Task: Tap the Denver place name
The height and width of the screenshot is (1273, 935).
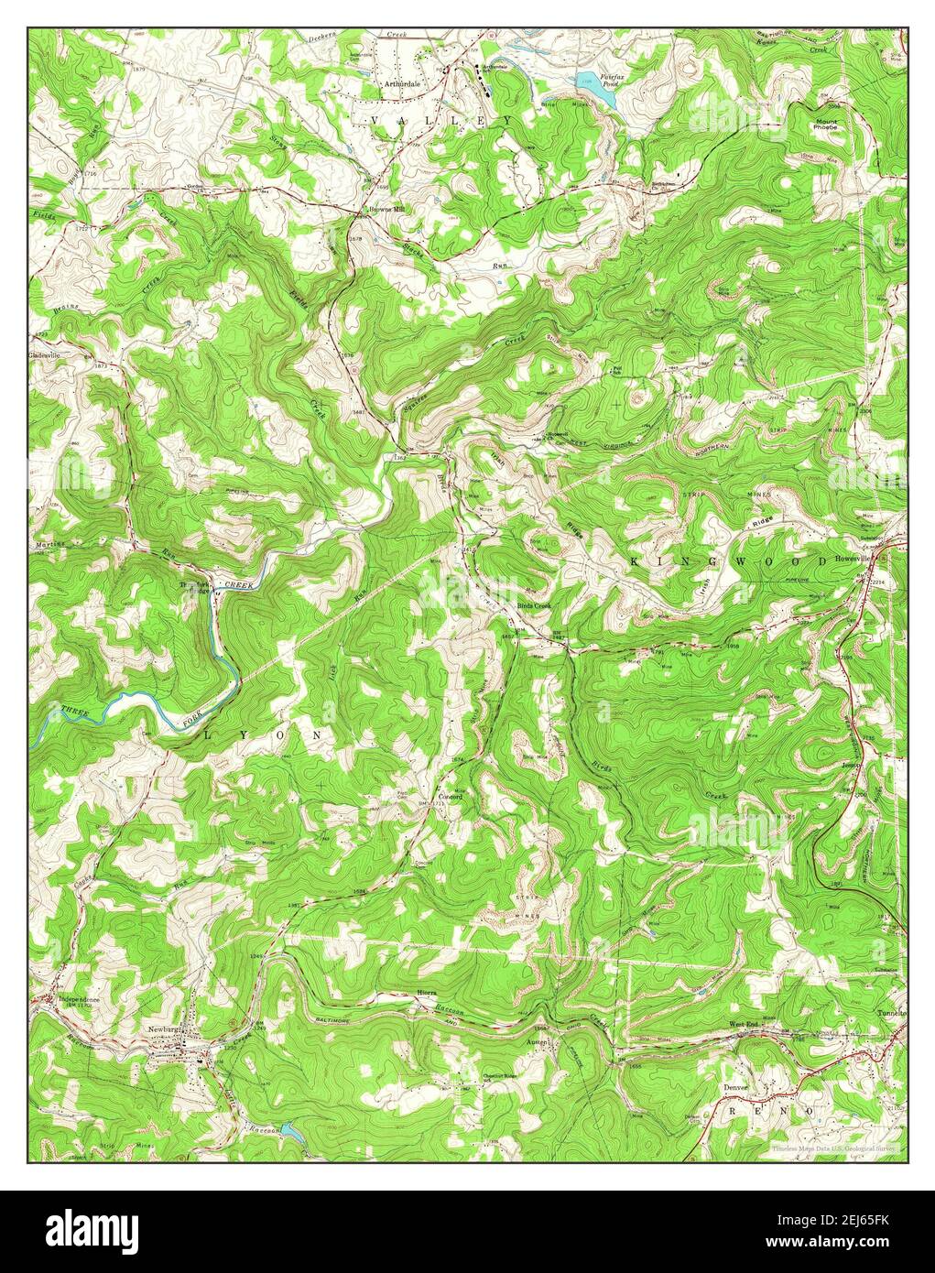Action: [x=735, y=1087]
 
